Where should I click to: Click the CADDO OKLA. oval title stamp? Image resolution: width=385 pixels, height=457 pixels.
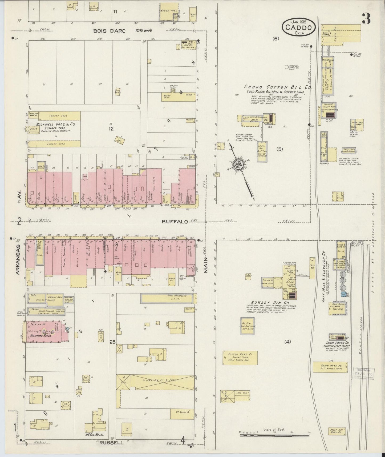click(299, 27)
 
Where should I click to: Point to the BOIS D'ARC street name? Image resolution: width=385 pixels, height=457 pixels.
click(108, 31)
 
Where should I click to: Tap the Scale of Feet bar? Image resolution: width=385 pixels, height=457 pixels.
click(274, 435)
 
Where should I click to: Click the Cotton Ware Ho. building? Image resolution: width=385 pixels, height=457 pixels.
click(240, 357)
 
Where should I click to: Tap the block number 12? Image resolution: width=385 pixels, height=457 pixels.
click(111, 129)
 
